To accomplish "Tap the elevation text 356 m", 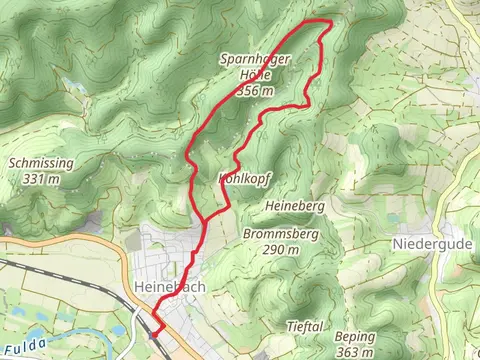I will (255, 90).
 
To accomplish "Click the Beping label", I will (354, 337).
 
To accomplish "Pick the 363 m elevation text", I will (355, 353).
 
